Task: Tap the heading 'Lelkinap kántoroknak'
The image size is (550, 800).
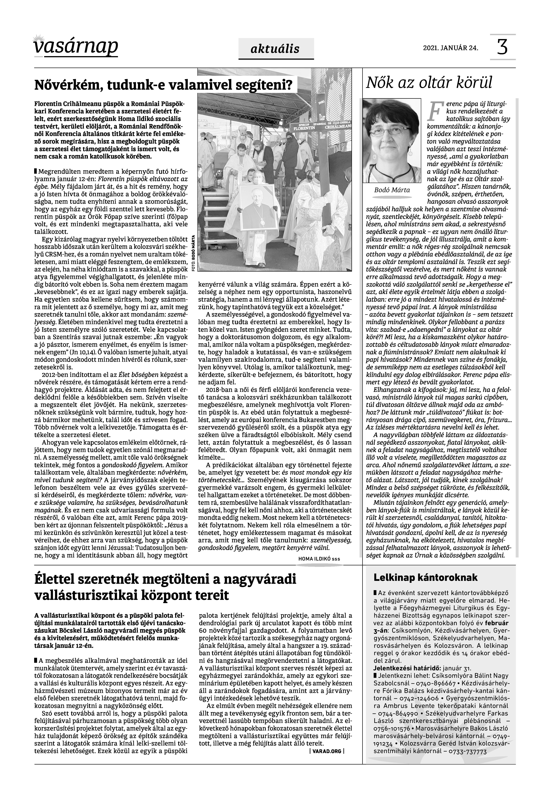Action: click(x=426, y=578)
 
